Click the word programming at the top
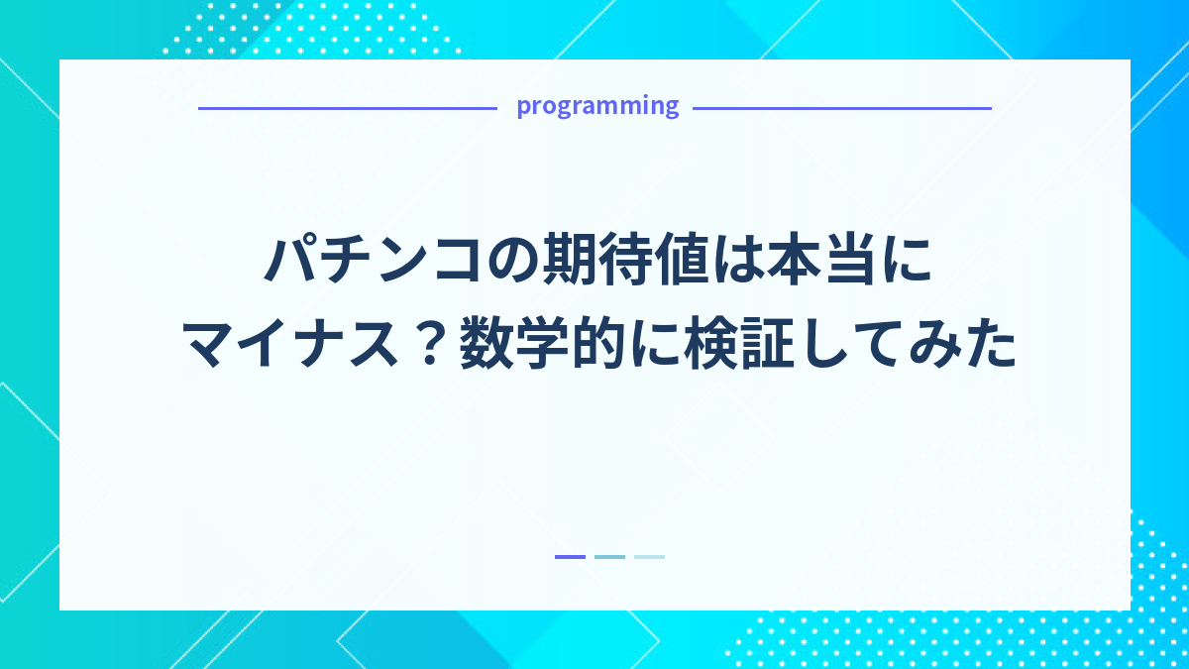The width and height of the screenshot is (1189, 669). coord(597,106)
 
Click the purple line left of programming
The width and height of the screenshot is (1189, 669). coord(347,108)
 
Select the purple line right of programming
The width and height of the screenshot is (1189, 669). coord(841,108)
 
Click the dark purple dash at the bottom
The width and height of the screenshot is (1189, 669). coord(570,557)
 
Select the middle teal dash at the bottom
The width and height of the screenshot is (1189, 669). coord(609,557)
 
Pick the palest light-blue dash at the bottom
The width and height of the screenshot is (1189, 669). coord(649,557)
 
